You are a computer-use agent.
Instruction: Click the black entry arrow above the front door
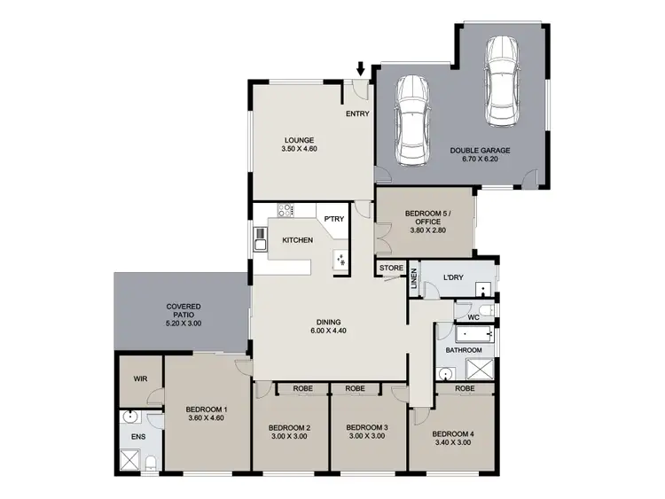(x=361, y=68)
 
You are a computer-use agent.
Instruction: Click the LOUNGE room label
(x=300, y=140)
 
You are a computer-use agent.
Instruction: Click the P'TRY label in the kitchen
(x=333, y=219)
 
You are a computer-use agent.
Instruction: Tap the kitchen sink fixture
(x=262, y=238)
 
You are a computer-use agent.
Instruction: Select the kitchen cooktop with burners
(x=285, y=210)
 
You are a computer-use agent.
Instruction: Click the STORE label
(x=391, y=268)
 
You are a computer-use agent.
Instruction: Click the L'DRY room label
(x=453, y=277)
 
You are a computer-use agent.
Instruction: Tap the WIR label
(x=139, y=378)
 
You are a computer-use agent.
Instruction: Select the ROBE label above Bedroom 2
(x=289, y=388)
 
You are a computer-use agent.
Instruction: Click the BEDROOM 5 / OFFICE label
(x=428, y=218)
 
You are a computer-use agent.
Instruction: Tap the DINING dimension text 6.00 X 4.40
(x=329, y=331)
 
